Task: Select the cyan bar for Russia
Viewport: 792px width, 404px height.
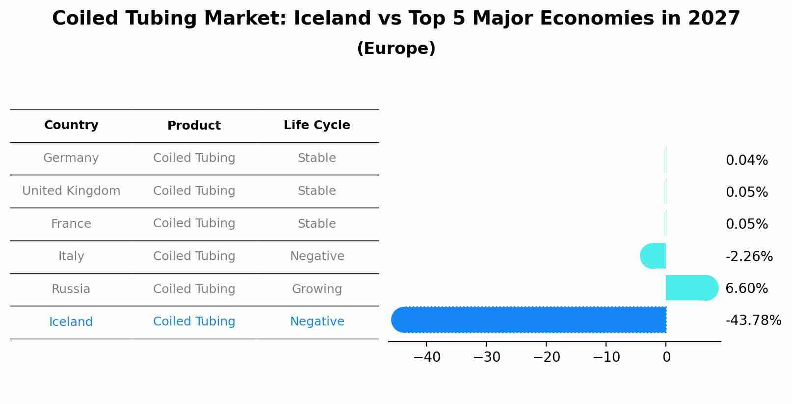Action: [691, 288]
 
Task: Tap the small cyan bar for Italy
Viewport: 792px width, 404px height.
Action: [653, 256]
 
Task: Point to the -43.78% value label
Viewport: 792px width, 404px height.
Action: [753, 321]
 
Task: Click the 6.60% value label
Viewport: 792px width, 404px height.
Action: [746, 288]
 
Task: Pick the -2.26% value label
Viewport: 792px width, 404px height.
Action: [749, 256]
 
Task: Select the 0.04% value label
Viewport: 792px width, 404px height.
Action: [746, 160]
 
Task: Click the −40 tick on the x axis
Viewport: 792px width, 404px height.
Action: [426, 357]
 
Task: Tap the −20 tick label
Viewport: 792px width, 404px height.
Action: [546, 357]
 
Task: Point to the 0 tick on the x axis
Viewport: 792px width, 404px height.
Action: [666, 357]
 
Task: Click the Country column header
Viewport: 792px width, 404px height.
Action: [71, 125]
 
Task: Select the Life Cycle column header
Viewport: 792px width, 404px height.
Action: [317, 125]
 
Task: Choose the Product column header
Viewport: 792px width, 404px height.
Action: [194, 126]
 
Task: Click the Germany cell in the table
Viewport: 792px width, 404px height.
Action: [71, 158]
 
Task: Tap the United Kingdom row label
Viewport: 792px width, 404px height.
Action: [71, 191]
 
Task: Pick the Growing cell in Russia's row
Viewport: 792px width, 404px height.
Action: [317, 289]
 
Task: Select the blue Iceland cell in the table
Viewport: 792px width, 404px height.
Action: [71, 322]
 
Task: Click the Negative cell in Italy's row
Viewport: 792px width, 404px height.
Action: [317, 256]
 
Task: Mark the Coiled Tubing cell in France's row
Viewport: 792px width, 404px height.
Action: [194, 223]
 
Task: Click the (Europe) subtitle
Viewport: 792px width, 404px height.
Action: [396, 49]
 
